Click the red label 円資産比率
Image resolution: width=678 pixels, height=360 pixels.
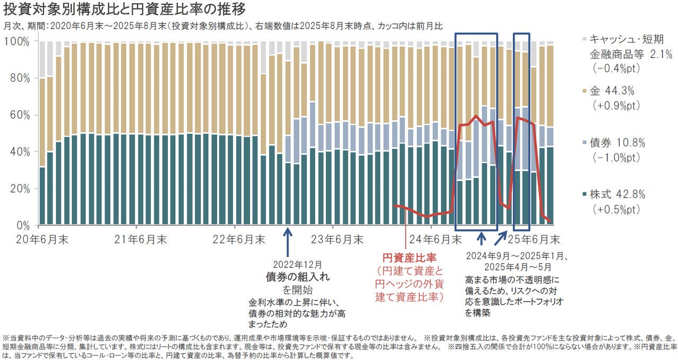click(409, 258)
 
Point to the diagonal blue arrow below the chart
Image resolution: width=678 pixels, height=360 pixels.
click(499, 239)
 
